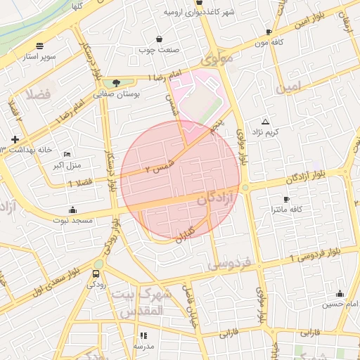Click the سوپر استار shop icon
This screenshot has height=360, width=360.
tap(39, 45)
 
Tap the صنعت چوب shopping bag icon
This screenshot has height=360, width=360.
tap(160, 39)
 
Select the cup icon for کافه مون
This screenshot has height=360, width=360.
tap(269, 32)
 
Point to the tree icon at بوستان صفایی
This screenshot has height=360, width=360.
tap(117, 83)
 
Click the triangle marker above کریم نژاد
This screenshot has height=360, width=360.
tap(265, 121)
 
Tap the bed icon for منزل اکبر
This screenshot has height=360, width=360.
tap(67, 154)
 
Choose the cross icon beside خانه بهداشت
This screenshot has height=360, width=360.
tap(15, 140)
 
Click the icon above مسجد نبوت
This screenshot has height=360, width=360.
tap(72, 210)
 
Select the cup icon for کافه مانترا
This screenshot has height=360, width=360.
tap(285, 199)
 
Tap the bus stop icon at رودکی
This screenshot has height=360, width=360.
tap(96, 274)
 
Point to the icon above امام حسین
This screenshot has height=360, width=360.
tap(340, 294)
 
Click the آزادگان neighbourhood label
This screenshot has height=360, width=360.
tap(210, 198)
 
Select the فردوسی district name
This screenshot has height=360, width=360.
tap(230, 264)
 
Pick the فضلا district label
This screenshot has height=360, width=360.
tap(39, 94)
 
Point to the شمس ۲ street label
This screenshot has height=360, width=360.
tap(157, 167)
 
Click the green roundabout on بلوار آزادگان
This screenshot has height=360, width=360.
tap(245, 188)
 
